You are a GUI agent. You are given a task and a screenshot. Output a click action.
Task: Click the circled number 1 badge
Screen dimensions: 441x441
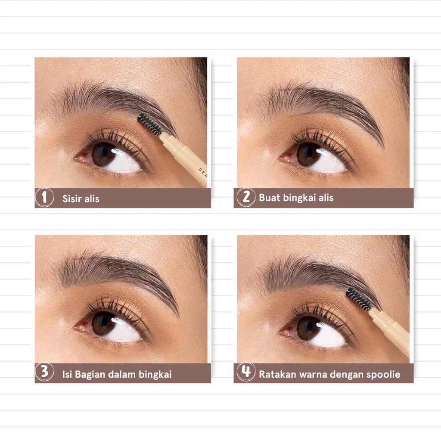(44, 197)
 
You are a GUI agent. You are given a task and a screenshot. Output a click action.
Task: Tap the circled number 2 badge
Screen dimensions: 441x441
(246, 197)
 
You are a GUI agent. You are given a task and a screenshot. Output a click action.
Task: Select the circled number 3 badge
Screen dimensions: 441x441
(44, 372)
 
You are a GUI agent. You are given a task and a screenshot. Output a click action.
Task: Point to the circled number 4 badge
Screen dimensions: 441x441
(246, 372)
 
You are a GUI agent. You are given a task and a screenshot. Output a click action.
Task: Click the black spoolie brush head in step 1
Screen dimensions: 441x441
(149, 124)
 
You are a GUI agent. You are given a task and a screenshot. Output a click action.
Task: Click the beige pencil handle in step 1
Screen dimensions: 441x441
(184, 159)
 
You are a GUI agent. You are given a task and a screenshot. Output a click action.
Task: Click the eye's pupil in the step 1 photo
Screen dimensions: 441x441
(103, 154)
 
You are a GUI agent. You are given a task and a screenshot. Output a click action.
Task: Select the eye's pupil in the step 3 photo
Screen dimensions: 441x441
(103, 323)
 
